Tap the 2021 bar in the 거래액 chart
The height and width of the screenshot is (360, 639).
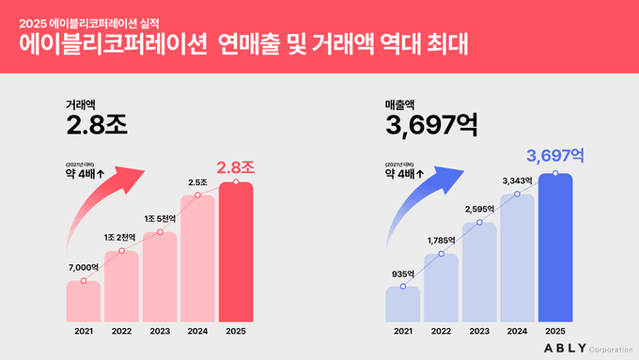84,300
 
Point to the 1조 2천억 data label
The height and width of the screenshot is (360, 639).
120,237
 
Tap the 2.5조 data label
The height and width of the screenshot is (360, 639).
197,182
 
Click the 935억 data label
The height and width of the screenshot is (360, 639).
402,274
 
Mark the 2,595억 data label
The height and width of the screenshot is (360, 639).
479,209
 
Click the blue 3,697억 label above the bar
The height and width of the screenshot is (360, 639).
555,154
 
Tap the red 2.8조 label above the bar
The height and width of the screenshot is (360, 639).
236,167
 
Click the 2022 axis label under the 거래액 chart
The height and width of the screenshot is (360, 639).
121,330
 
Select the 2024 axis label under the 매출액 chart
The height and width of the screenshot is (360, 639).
517,330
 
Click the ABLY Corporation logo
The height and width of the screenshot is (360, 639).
584,348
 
